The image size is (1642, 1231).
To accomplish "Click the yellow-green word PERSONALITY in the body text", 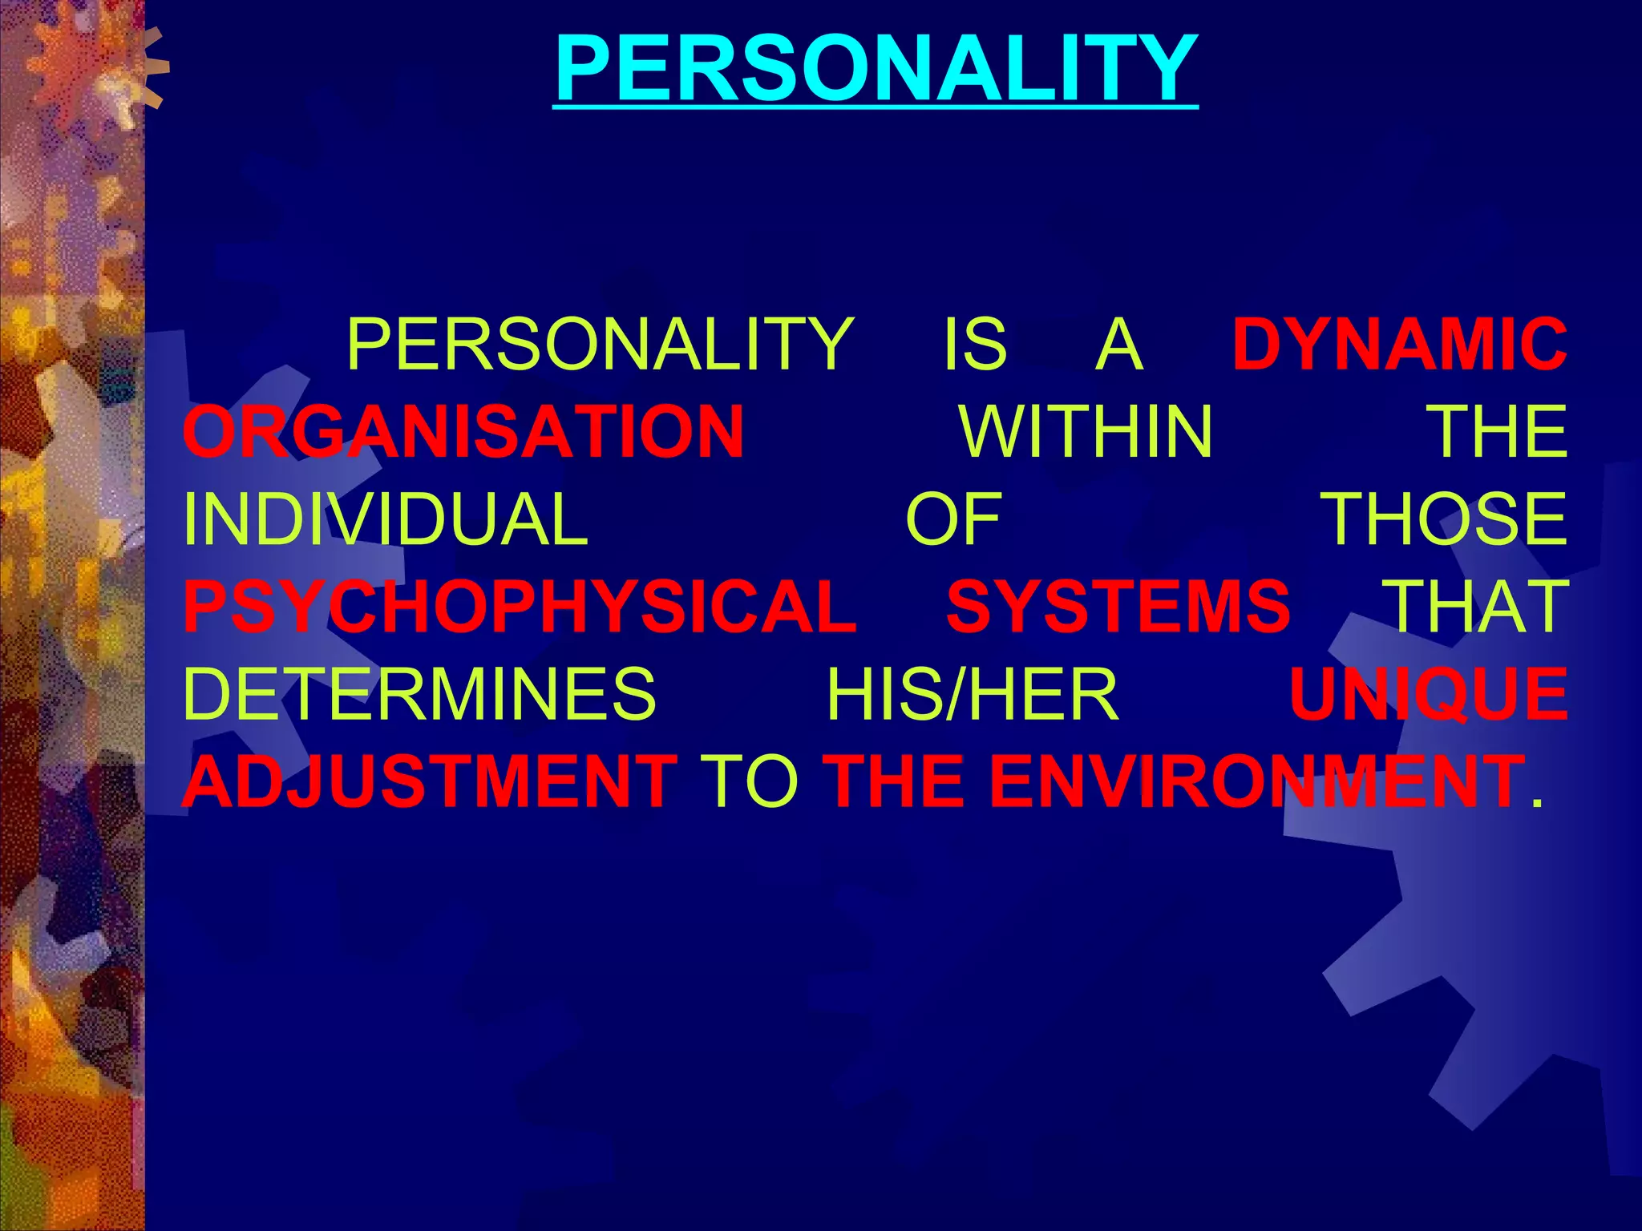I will [600, 345].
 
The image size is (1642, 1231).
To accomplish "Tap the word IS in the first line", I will [973, 345].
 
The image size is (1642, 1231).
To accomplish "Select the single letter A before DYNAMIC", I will [1118, 345].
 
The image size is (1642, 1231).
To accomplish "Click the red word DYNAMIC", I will [1400, 345].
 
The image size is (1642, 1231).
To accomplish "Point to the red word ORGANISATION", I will [463, 432].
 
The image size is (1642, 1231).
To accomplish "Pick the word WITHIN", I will [1086, 432].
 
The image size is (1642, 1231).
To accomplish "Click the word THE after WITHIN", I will [1499, 432].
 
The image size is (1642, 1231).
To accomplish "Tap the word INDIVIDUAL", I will [386, 519].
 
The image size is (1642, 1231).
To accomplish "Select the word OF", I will [953, 519].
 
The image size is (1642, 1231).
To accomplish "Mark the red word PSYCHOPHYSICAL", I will [520, 607].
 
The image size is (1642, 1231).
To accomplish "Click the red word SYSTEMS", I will [1118, 607].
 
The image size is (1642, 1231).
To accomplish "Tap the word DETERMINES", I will [419, 694].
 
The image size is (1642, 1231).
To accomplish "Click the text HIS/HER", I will [972, 694].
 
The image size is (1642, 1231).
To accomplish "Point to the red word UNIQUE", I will [1428, 694].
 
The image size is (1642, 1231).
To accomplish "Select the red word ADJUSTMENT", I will [430, 781].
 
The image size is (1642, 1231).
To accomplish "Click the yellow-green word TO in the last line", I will [749, 781].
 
